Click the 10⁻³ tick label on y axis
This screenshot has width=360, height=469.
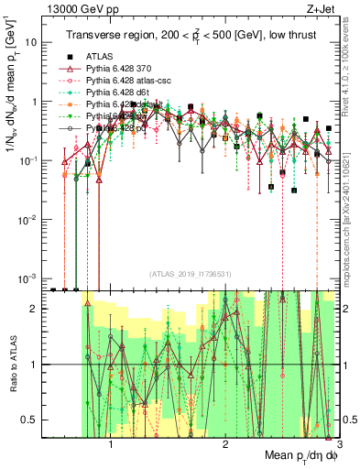33,278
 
